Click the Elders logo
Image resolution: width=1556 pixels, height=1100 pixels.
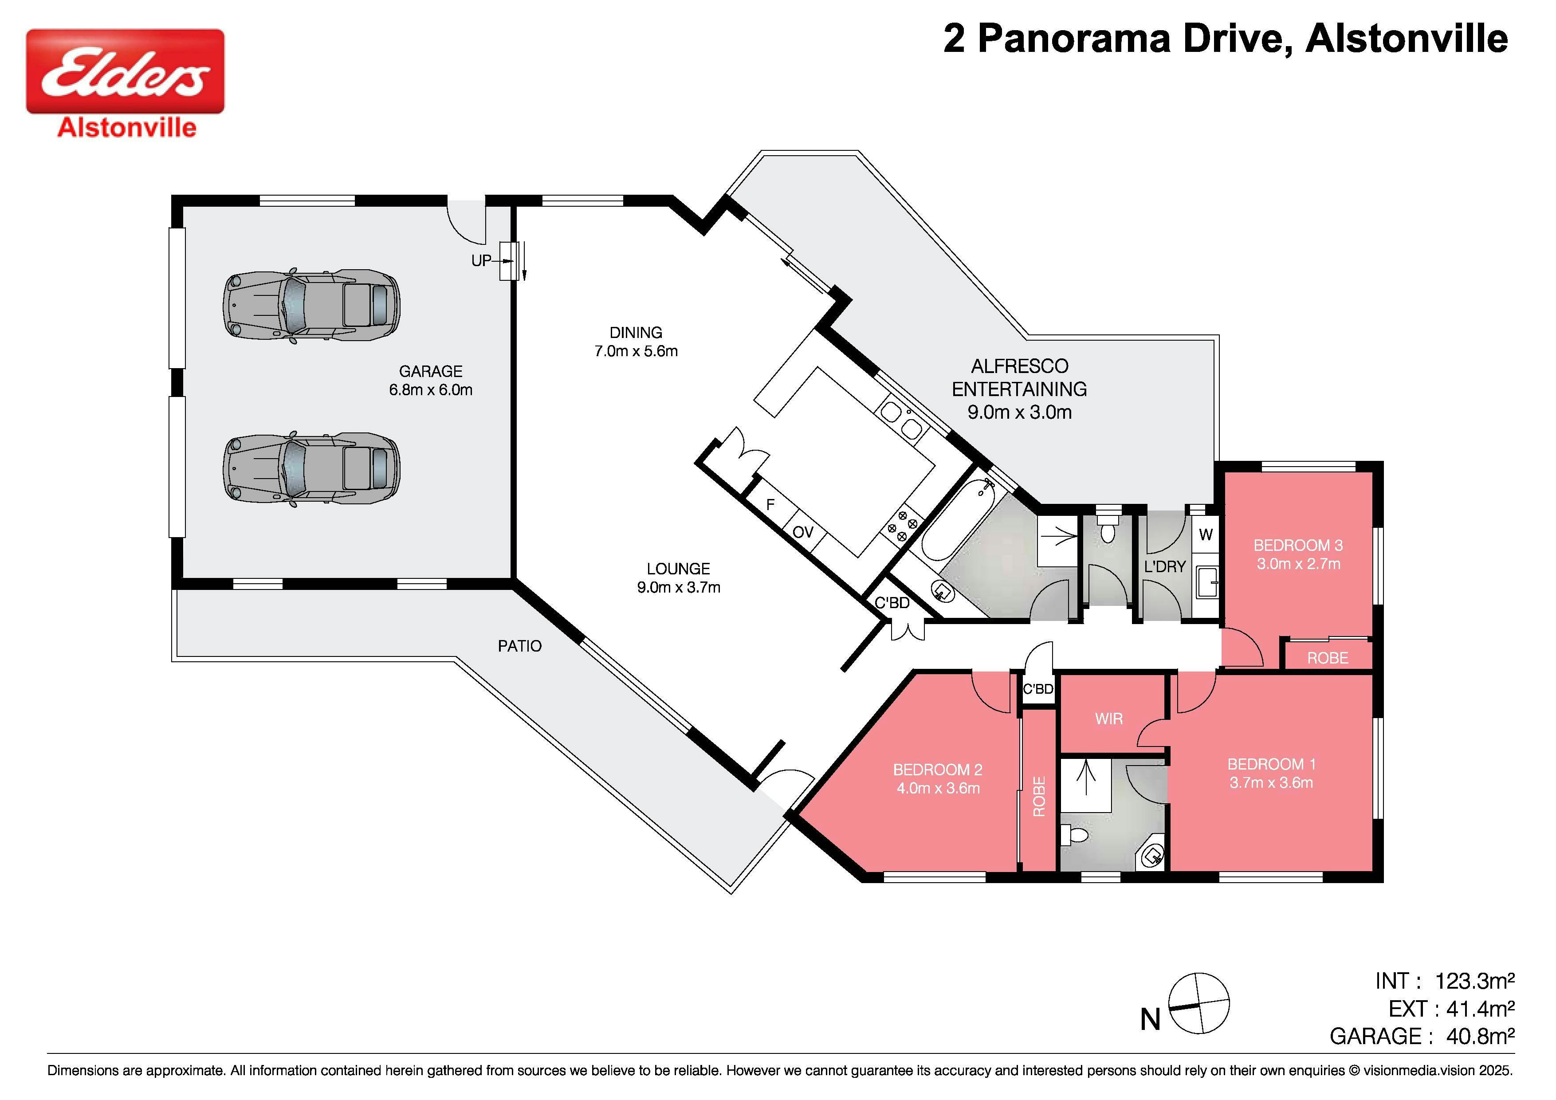pos(126,83)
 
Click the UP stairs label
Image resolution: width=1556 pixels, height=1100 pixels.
pos(481,261)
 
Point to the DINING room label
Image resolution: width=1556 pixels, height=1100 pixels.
pos(636,333)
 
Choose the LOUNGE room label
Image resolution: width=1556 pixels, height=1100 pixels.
pos(678,570)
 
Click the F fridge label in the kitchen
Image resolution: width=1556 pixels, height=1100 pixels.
pos(770,505)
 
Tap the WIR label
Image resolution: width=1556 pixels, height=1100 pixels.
pos(1109,719)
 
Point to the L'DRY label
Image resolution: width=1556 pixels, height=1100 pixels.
pos(1165,566)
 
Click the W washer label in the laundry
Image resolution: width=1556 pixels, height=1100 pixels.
pos(1206,535)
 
